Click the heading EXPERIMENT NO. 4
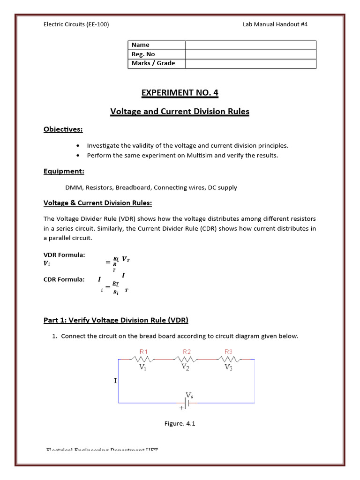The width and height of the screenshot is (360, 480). (x=180, y=93)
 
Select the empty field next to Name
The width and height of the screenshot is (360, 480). (x=251, y=45)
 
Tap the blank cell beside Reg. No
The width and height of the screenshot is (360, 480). (x=251, y=54)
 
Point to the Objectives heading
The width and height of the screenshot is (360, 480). (x=63, y=129)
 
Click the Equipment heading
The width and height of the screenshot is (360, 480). (x=64, y=172)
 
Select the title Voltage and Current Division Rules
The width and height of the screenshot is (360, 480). (x=180, y=112)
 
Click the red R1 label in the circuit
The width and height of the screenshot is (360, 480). (x=143, y=351)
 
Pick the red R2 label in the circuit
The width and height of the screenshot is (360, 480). (x=187, y=351)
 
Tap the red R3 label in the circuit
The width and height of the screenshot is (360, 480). (x=229, y=351)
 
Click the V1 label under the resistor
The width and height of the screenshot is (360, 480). (x=143, y=367)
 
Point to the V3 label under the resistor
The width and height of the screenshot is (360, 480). (x=229, y=367)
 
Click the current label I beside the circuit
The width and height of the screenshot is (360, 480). (x=115, y=381)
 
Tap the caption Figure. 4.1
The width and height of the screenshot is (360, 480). (x=180, y=424)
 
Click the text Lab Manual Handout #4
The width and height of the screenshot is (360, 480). (x=275, y=24)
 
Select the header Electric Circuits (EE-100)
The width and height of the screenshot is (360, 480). (x=76, y=24)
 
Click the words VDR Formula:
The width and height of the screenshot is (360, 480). (x=64, y=255)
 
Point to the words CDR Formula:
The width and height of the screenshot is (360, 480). (x=64, y=279)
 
